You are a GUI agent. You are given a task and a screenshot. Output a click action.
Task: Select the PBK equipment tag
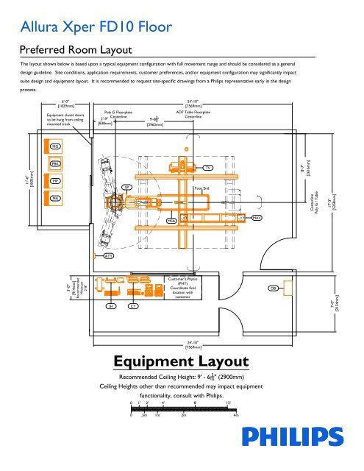55,163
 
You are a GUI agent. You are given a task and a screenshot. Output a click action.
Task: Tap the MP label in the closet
55,180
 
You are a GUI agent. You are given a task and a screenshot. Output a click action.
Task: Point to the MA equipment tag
55,197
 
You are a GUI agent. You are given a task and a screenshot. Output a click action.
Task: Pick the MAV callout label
257,219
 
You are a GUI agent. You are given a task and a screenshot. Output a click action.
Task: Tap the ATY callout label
108,255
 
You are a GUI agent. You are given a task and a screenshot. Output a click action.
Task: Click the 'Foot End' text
203,188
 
